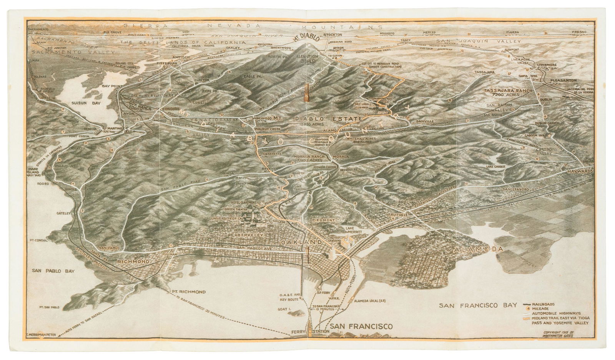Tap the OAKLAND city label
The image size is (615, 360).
[301, 242]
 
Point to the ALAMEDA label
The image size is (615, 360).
[478, 250]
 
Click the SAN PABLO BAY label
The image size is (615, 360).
[53, 270]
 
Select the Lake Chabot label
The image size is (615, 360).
[495, 167]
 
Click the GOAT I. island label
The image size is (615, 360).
[293, 308]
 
